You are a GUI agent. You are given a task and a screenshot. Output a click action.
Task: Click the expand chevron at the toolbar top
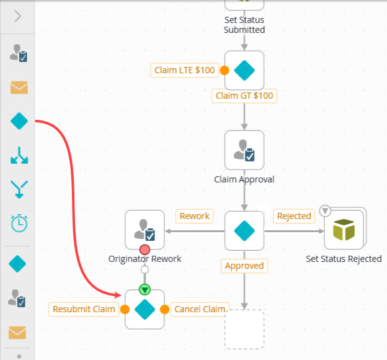coord(17,16)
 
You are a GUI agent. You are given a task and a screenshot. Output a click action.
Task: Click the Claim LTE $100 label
coord(184,70)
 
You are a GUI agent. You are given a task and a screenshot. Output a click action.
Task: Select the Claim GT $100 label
coord(244,96)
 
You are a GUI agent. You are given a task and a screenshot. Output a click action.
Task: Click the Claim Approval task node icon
coord(244,150)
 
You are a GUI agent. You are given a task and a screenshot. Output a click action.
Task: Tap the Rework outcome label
coord(194,216)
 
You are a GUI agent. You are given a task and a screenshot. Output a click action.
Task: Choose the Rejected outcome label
coord(293,216)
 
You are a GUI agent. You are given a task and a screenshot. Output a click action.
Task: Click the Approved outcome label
coord(244,266)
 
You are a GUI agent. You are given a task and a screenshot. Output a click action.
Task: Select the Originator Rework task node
coord(145,230)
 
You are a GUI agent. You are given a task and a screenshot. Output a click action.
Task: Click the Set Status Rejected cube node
coord(344,230)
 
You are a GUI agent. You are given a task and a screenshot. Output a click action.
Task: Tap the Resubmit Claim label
coord(84,309)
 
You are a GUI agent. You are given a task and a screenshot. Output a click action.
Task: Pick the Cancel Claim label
coord(200,309)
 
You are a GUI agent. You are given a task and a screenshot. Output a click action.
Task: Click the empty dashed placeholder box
coord(244,329)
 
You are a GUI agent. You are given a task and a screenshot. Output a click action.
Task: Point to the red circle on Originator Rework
coord(145,250)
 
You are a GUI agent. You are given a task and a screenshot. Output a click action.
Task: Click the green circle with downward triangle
coord(145,289)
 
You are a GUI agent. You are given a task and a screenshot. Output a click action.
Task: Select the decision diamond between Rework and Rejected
coord(244,230)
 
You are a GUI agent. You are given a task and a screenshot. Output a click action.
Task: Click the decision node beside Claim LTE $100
coord(244,71)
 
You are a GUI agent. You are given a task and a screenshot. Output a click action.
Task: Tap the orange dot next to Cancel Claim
coord(165,309)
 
